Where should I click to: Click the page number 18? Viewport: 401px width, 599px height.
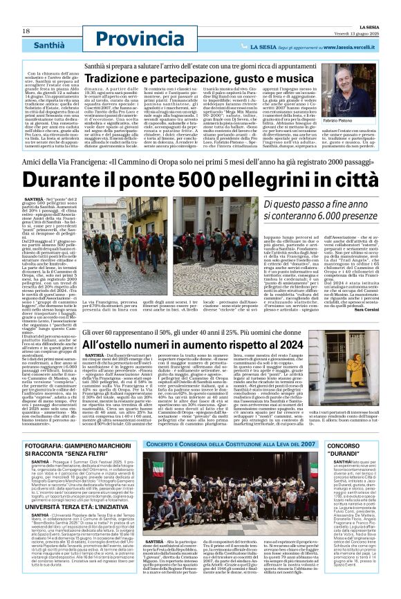tap(26, 31)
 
